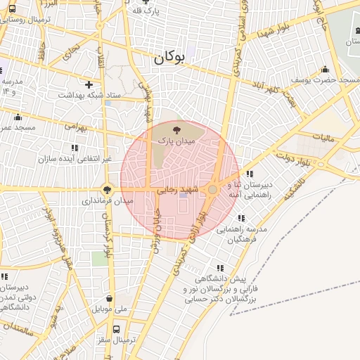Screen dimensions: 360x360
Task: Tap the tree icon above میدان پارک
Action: coord(176,129)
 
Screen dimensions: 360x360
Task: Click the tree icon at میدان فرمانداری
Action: coord(107,188)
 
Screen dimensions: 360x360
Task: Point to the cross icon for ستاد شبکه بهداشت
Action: coord(89,84)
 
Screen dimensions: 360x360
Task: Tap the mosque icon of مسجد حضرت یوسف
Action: coord(325,69)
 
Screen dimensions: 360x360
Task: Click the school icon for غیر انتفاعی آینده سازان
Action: coord(75,148)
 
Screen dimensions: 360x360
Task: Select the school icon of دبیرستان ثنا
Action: coord(249,174)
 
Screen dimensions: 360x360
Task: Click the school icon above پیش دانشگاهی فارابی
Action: coord(220,268)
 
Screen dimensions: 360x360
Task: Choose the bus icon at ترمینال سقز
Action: coord(116,328)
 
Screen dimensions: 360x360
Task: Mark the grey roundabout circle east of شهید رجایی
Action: coord(212,190)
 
